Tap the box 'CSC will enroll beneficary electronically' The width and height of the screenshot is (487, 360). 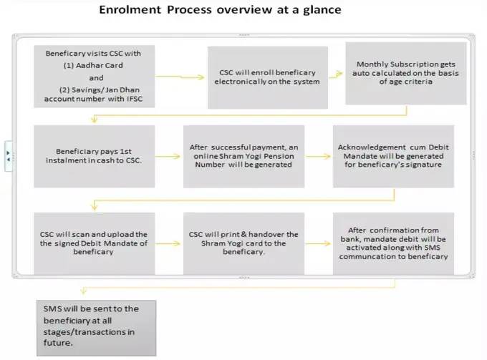(x=267, y=77)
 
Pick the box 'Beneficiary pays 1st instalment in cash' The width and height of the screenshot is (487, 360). (x=94, y=155)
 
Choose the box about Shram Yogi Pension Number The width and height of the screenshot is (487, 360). (x=243, y=155)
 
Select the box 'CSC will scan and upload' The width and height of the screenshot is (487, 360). (x=94, y=243)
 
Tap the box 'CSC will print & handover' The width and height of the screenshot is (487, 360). (x=243, y=243)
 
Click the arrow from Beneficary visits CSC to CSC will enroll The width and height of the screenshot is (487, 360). (x=180, y=76)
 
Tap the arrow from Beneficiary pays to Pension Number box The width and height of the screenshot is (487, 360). (x=168, y=155)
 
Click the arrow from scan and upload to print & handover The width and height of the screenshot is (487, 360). (x=168, y=243)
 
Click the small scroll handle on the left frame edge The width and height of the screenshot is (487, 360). (x=8, y=155)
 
